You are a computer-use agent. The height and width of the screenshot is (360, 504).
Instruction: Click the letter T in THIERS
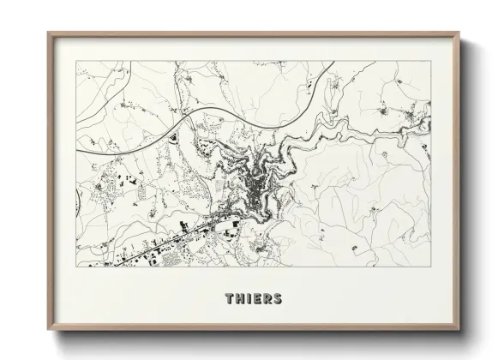[230, 299]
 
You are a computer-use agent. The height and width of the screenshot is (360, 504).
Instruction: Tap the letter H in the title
[240, 299]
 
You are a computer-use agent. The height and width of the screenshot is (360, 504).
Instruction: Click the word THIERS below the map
[253, 299]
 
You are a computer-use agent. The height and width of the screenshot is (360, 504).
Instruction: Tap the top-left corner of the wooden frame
[48, 33]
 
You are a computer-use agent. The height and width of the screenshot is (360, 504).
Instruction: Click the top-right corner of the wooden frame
[460, 33]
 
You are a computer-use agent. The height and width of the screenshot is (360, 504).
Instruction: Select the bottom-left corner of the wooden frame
[48, 331]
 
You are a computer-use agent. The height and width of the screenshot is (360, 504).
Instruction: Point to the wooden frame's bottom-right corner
[460, 331]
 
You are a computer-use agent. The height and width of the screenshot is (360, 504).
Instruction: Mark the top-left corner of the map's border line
[76, 61]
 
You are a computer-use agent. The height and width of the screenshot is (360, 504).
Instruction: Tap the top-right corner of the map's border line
[431, 61]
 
